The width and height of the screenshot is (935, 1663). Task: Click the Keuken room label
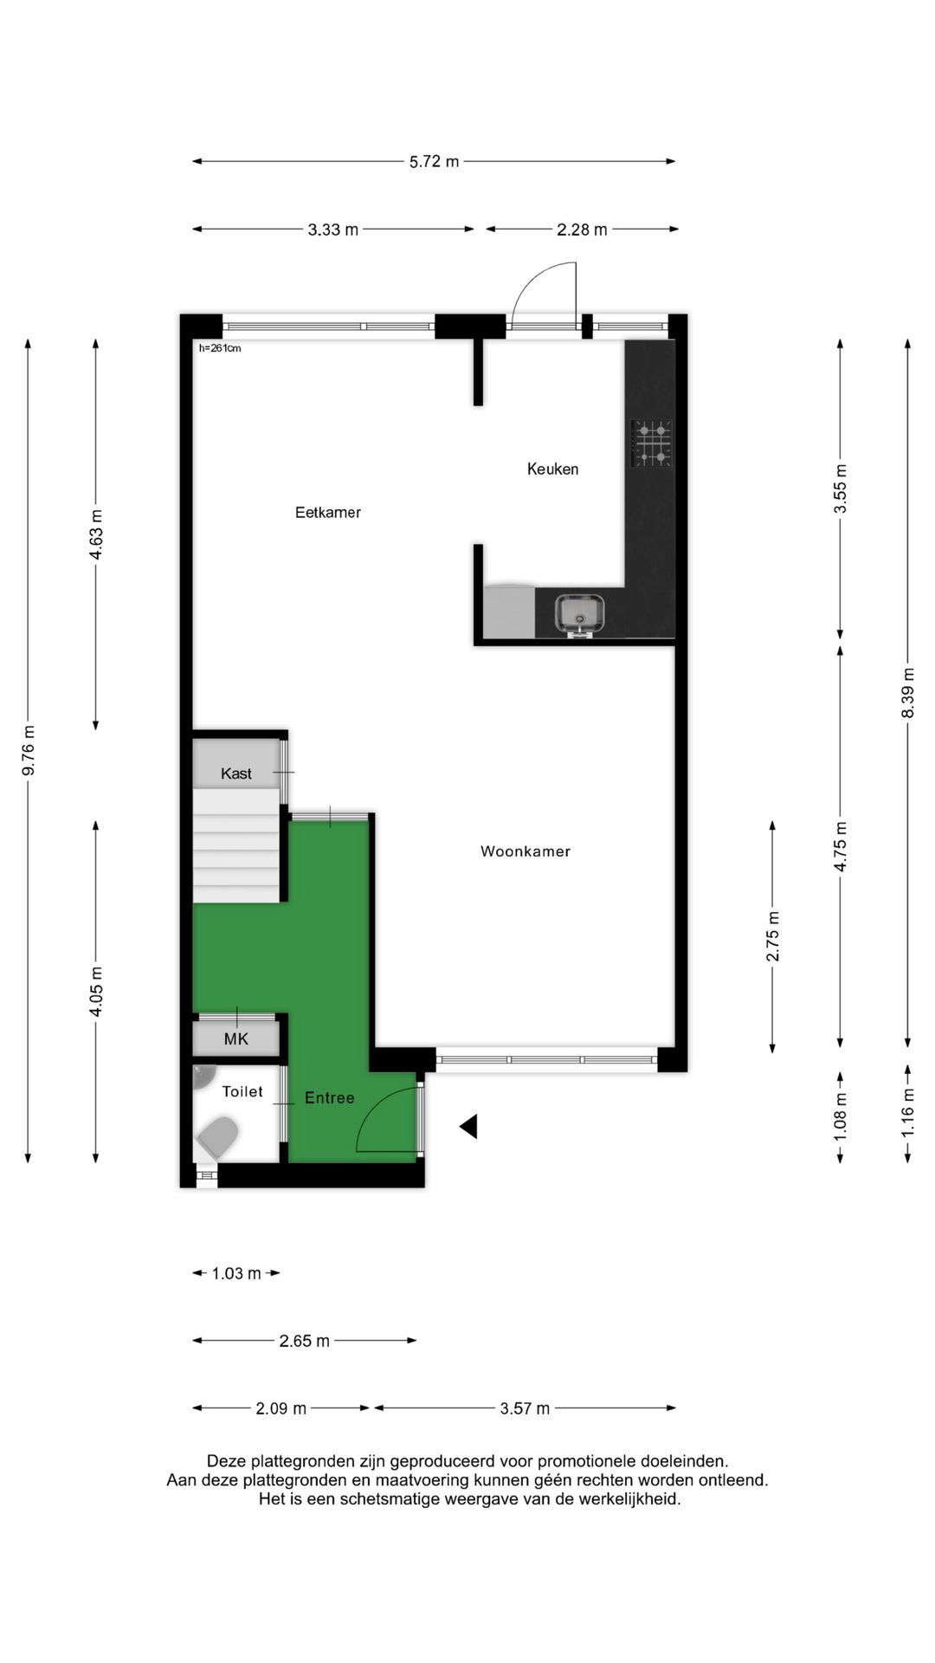(552, 469)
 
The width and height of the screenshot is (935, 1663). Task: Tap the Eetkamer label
(327, 513)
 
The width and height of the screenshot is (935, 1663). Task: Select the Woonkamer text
(525, 852)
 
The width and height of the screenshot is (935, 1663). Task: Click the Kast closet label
(235, 773)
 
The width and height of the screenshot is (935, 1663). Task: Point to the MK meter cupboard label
(235, 1039)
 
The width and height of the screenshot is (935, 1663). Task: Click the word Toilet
(242, 1092)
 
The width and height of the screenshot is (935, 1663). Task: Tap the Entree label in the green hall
(329, 1098)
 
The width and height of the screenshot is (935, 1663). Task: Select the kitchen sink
(580, 613)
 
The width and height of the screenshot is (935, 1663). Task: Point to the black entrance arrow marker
(468, 1127)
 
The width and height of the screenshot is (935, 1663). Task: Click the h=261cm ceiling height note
(220, 349)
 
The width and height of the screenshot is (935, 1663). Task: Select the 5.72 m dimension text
(434, 161)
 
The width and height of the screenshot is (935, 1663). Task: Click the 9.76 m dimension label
(29, 750)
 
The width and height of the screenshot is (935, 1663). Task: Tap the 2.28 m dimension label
(581, 230)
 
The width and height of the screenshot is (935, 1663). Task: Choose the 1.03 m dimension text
(235, 1273)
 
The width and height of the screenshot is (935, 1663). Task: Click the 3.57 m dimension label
(525, 1408)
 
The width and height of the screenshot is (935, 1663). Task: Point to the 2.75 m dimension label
(772, 937)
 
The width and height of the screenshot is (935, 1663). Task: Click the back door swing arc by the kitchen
(541, 290)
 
